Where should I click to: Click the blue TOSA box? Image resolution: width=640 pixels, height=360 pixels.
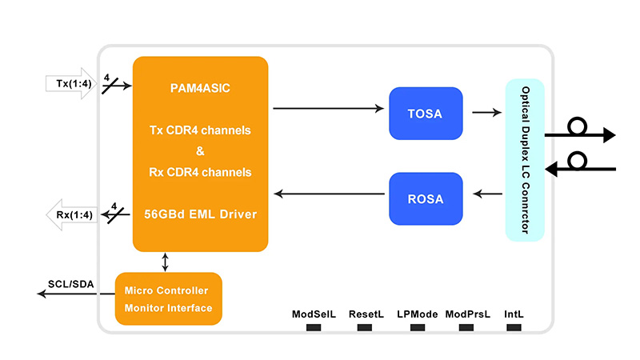[425, 113]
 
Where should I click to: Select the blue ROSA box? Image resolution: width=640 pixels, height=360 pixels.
[425, 198]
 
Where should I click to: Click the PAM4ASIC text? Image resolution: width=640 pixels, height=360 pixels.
[200, 88]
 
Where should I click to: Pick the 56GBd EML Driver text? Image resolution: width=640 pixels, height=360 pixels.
[200, 214]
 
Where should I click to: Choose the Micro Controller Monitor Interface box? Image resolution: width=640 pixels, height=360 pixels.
[168, 299]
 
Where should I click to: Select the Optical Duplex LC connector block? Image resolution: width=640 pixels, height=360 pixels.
[525, 160]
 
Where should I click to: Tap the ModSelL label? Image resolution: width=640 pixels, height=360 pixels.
[314, 314]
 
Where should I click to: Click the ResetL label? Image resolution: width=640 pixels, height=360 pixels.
[366, 314]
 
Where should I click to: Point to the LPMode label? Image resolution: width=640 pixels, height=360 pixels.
[417, 314]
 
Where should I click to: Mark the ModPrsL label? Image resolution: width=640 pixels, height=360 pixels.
[467, 314]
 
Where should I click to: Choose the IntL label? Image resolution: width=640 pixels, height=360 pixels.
[514, 314]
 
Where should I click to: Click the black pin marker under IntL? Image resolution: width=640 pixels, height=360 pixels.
[514, 327]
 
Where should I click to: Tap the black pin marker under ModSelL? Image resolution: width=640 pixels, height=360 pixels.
[314, 327]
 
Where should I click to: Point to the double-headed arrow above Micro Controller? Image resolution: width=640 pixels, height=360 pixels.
[166, 261]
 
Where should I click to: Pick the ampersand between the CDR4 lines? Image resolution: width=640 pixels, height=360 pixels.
[200, 151]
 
